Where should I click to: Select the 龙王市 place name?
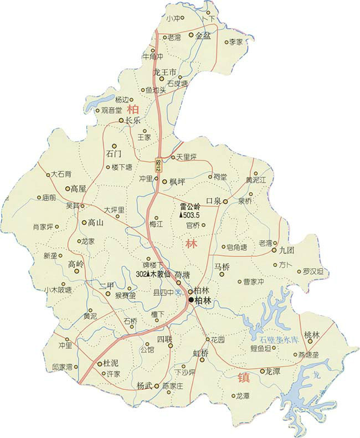(x=164, y=73)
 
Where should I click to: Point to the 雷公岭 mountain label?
(x=191, y=207)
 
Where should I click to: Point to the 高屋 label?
(x=79, y=189)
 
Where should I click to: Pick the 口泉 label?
(x=214, y=201)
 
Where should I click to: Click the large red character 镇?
(x=244, y=379)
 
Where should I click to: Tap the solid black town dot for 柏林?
(x=191, y=300)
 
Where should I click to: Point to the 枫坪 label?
(x=177, y=182)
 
